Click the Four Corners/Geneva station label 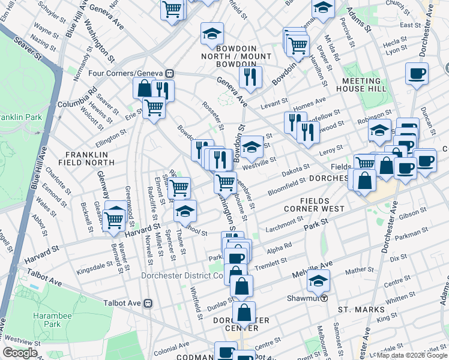(x=133, y=73)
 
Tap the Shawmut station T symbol (x=324, y=298)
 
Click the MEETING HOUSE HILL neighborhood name (x=361, y=85)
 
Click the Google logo (x=20, y=353)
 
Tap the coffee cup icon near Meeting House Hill (x=416, y=74)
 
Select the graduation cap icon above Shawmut (x=318, y=280)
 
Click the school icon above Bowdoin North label (x=211, y=34)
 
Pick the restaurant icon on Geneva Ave (x=250, y=76)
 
